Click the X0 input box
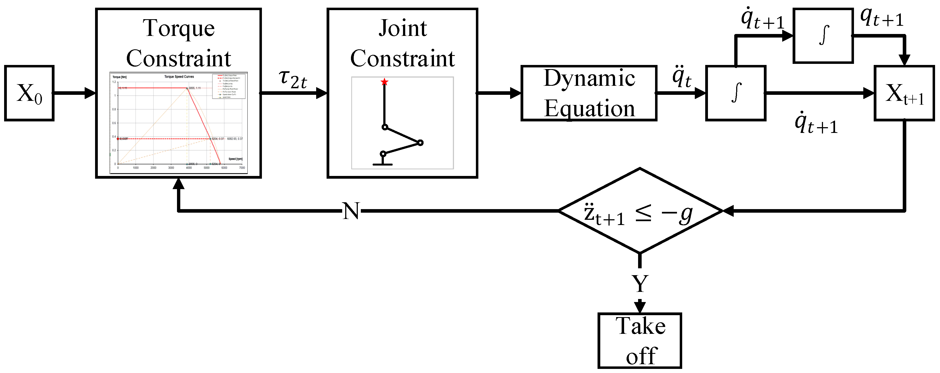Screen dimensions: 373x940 (29, 93)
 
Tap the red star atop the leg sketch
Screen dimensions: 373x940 (384, 82)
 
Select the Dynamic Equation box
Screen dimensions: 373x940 (588, 93)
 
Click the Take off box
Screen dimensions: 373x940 (640, 340)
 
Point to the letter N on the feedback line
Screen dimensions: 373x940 (351, 211)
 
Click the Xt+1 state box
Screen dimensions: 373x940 (904, 93)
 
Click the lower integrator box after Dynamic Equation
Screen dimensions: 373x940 (736, 93)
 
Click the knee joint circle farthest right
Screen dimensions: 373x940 (420, 143)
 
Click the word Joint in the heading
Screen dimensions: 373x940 (402, 28)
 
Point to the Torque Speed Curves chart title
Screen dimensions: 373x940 (179, 77)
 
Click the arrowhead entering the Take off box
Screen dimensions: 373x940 (640, 307)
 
